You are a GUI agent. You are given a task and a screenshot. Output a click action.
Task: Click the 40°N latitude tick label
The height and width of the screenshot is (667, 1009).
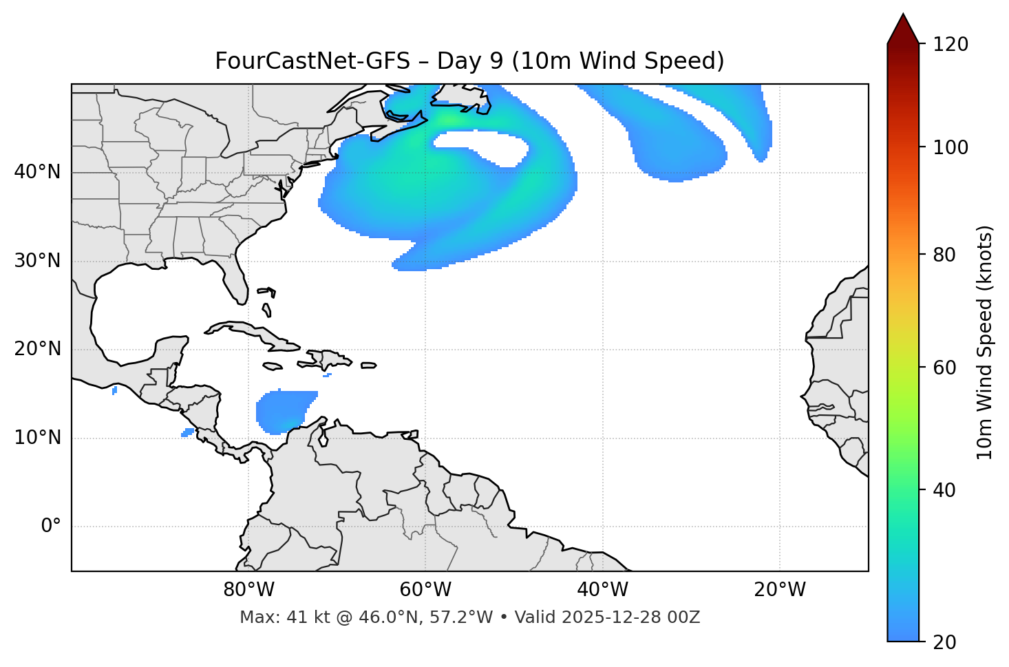point(37,172)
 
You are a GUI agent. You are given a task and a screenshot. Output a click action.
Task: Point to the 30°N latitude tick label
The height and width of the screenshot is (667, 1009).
point(37,261)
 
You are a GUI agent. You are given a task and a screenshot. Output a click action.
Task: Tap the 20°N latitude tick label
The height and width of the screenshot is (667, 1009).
point(37,349)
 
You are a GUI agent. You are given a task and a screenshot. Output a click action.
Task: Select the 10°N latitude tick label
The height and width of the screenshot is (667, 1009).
point(37,438)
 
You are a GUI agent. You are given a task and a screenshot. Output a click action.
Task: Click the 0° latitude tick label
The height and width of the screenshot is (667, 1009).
point(51,527)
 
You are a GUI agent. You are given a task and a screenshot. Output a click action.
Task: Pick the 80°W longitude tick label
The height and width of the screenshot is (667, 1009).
point(248,590)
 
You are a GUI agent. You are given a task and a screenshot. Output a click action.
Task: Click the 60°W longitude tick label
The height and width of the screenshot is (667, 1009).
point(425,590)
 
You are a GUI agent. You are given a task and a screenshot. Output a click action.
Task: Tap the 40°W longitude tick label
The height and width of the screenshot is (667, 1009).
point(602,590)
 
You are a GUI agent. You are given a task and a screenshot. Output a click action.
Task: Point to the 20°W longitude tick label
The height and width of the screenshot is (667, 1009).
point(779,590)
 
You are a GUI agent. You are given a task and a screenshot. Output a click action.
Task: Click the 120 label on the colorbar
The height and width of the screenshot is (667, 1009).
point(950,45)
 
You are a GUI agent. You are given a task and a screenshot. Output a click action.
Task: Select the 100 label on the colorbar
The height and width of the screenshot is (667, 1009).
point(950,147)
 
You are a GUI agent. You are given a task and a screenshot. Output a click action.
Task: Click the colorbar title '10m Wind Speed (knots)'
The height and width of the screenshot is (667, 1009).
point(985,342)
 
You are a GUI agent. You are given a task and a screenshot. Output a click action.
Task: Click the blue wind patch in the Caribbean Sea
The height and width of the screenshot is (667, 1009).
point(284,411)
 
